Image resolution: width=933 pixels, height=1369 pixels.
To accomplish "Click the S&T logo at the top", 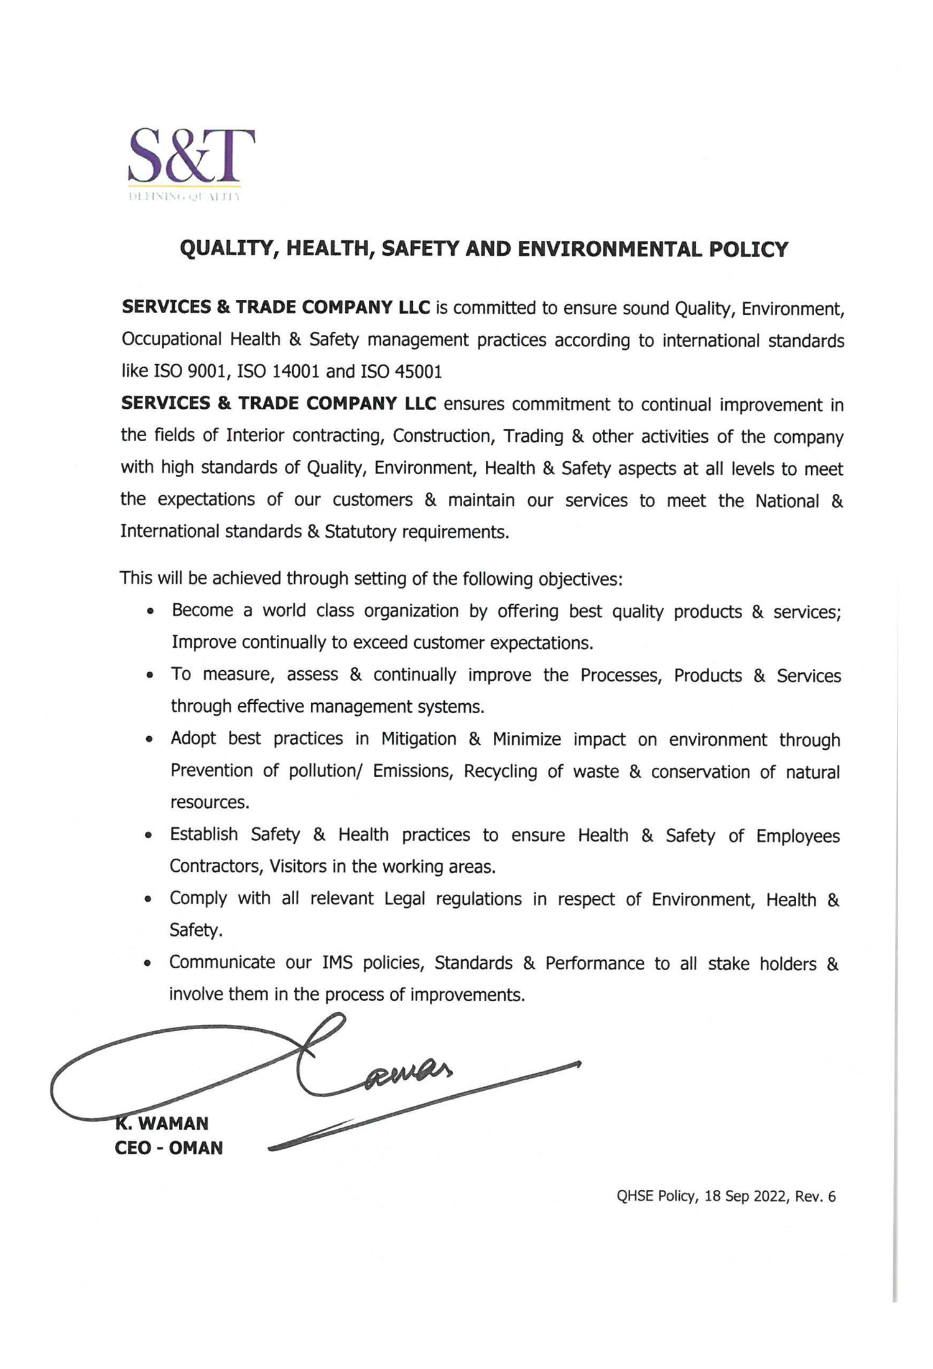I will [191, 163].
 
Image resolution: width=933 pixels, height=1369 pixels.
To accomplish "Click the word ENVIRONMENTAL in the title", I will [608, 250].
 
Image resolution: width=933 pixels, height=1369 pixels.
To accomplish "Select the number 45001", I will [419, 371].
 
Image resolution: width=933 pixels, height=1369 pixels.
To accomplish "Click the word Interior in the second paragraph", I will [255, 436].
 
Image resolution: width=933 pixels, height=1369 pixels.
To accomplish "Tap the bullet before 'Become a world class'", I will [150, 612].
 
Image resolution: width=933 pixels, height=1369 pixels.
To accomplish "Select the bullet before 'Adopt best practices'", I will [149, 740].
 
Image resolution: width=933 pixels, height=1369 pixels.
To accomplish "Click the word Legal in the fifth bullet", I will [404, 899].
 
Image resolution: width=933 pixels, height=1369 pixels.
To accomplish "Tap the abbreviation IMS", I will [337, 963].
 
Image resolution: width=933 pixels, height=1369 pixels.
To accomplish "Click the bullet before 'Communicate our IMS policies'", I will [147, 964].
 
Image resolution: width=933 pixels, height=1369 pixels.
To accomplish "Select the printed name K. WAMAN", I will [162, 1124].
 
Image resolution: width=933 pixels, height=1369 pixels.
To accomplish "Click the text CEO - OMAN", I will [169, 1148].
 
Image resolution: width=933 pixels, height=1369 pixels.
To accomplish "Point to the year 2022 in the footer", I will [770, 1197].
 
